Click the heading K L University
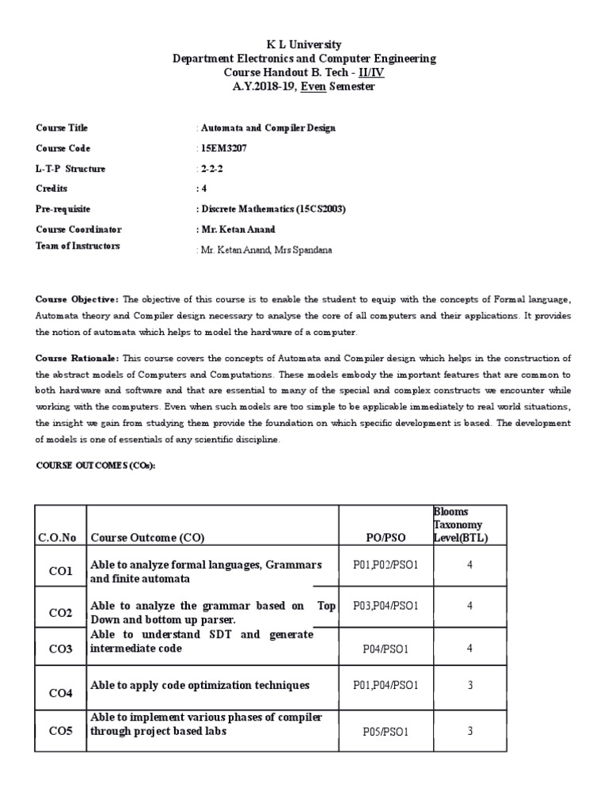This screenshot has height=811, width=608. [304, 45]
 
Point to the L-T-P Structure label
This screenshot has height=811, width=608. [70, 169]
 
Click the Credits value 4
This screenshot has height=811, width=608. [202, 188]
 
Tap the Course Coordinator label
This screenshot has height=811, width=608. [78, 230]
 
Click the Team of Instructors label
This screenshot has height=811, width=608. [78, 246]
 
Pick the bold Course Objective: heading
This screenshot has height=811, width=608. [78, 299]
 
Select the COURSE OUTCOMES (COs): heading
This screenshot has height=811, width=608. [96, 466]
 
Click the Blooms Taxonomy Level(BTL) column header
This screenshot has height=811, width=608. [461, 525]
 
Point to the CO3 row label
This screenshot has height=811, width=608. [60, 649]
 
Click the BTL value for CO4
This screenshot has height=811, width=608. [469, 685]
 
